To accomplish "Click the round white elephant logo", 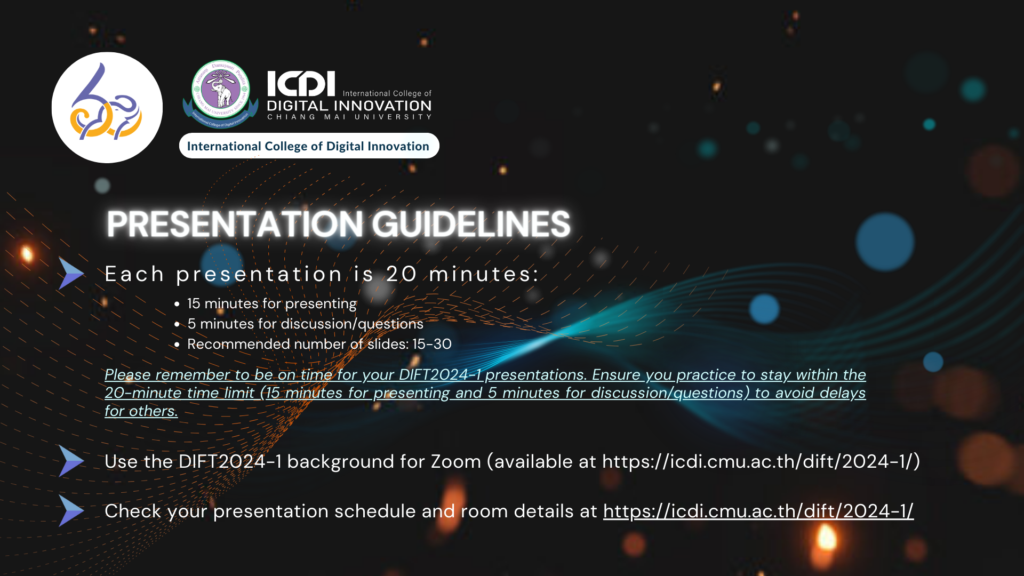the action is (107, 107).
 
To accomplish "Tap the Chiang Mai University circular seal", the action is (221, 94).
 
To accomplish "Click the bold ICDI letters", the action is (301, 84).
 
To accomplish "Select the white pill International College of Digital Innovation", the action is (309, 146).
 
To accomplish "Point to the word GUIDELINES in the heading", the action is (471, 223).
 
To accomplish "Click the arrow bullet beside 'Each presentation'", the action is (71, 274).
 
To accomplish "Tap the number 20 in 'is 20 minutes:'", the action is (402, 274).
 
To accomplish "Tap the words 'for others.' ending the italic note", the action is (141, 411).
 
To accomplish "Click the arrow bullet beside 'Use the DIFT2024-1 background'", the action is (71, 461).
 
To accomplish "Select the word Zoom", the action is (456, 461).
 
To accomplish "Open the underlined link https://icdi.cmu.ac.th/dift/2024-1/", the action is (758, 511).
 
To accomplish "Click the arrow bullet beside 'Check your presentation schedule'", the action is (71, 510).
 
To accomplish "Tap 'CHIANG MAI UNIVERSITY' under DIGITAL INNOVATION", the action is (349, 117).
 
